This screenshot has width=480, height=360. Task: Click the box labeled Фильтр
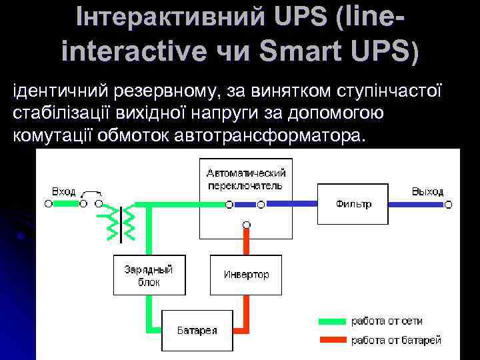tap(353, 203)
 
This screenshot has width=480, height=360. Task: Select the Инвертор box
tap(246, 274)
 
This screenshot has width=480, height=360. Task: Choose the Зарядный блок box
tap(147, 274)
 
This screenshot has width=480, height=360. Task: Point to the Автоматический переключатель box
tap(246, 178)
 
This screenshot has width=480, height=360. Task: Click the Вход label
tap(64, 191)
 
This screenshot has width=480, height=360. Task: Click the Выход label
tap(427, 191)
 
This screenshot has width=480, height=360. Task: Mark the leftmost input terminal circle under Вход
tap(49, 203)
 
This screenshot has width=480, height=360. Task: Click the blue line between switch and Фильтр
tap(291, 203)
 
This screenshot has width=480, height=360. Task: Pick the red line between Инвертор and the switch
tap(246, 240)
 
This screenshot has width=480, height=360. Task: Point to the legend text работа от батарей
tap(396, 340)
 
